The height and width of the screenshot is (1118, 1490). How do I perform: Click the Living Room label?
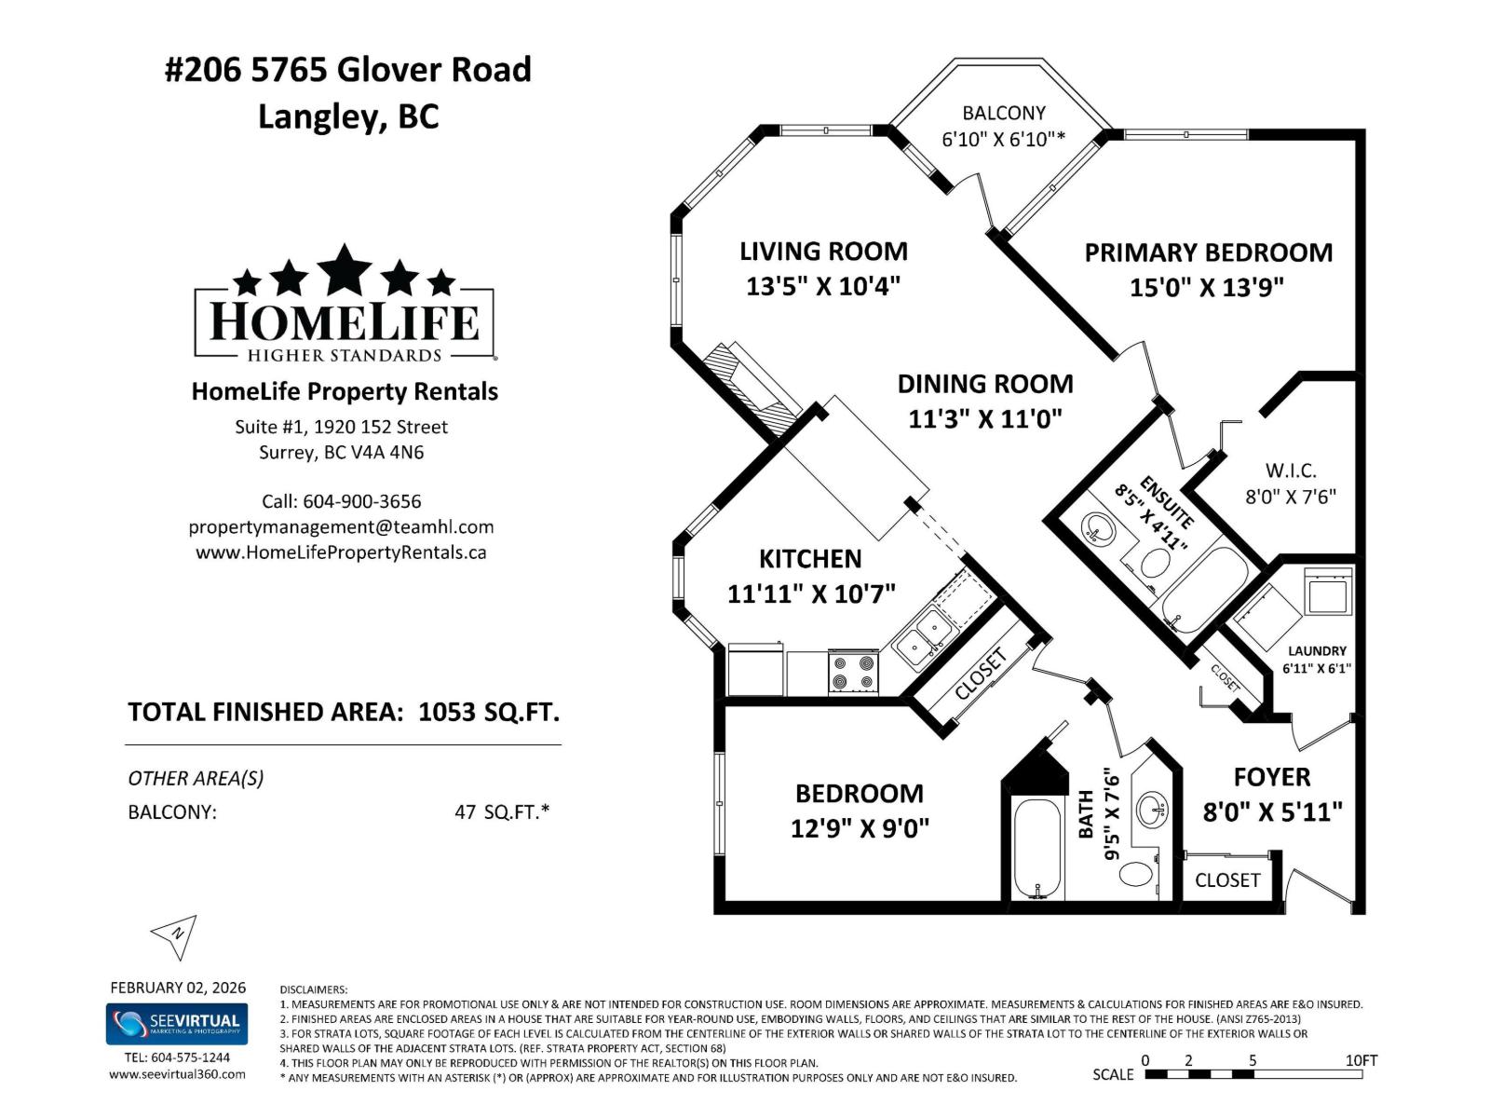(823, 252)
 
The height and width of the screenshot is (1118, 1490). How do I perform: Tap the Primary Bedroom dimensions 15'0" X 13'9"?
(1207, 287)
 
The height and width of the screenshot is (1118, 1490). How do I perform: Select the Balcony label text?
(1003, 113)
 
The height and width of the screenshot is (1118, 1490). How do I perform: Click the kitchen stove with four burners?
(853, 673)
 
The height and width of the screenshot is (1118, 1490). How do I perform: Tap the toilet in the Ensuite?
(1154, 563)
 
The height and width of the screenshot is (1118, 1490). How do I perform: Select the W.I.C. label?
(1290, 470)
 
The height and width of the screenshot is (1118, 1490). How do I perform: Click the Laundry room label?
(1317, 651)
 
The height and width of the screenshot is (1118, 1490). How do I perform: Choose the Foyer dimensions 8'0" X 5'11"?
(1272, 812)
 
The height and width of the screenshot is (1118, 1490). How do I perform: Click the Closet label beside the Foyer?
(1226, 880)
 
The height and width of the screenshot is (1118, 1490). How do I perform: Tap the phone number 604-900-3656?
(361, 501)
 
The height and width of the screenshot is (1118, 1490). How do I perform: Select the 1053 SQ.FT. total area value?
(489, 713)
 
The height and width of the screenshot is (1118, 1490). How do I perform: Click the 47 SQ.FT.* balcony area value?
(502, 811)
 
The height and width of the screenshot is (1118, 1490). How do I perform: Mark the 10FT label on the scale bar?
(1361, 1060)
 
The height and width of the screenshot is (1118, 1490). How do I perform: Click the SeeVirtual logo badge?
(177, 1024)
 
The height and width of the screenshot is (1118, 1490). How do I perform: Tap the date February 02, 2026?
(178, 988)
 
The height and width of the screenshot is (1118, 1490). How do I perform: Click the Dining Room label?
(984, 384)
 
